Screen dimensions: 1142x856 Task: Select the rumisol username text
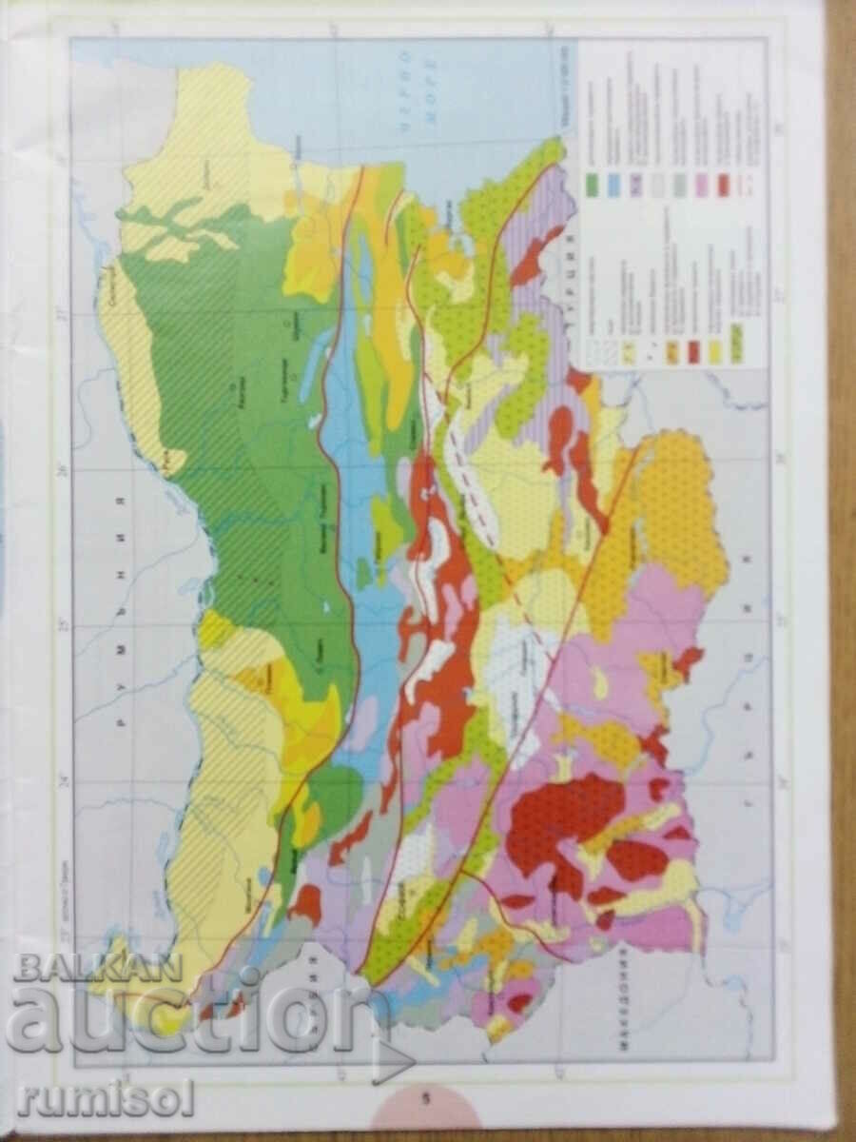(105, 1100)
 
